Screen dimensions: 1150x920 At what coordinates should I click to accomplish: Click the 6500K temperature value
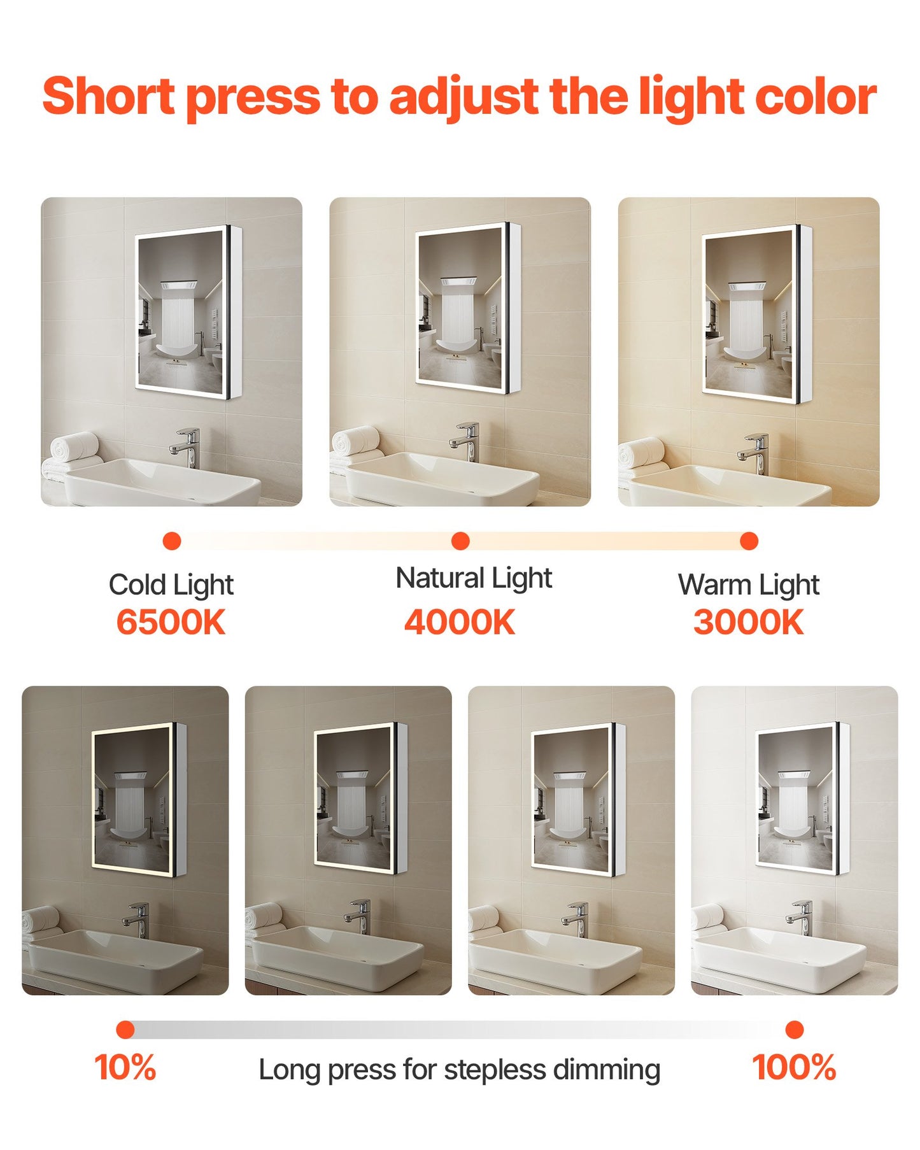(x=171, y=622)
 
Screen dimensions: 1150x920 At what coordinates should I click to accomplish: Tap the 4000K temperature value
(x=460, y=622)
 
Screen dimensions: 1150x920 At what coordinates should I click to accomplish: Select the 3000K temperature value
(x=749, y=622)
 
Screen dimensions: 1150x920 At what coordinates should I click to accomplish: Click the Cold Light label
(x=171, y=585)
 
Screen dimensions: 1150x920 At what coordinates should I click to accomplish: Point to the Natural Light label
(x=474, y=578)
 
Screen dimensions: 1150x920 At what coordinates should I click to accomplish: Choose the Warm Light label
(x=749, y=585)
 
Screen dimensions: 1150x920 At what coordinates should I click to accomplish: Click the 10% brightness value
(x=125, y=1067)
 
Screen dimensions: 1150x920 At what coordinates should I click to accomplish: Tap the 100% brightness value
(x=794, y=1067)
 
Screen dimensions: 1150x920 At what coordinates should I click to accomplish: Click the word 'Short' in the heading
(x=108, y=96)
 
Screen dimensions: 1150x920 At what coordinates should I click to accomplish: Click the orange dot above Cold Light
(x=172, y=541)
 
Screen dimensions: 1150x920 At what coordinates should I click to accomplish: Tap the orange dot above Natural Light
(x=460, y=541)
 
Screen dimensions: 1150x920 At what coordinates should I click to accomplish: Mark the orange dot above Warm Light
(x=749, y=541)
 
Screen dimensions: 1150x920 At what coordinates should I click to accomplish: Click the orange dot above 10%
(x=125, y=1030)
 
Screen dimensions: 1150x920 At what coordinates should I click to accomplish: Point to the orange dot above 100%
(x=795, y=1030)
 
